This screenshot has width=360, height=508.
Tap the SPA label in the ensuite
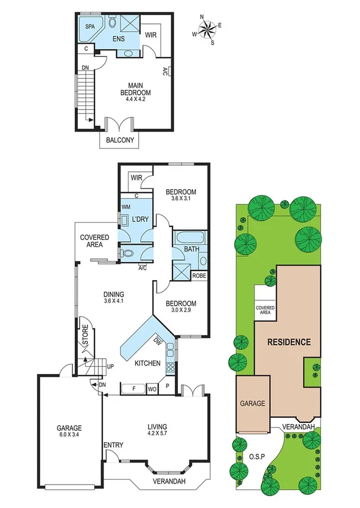coord(90,27)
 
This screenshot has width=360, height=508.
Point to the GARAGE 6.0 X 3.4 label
coord(69,431)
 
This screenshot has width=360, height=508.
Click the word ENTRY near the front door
coord(113,445)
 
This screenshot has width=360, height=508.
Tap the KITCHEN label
coord(146,363)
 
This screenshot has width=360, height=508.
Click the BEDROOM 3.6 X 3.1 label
coord(180,195)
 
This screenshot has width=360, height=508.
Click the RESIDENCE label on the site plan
coord(289,342)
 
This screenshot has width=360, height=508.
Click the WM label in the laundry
coord(126,207)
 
